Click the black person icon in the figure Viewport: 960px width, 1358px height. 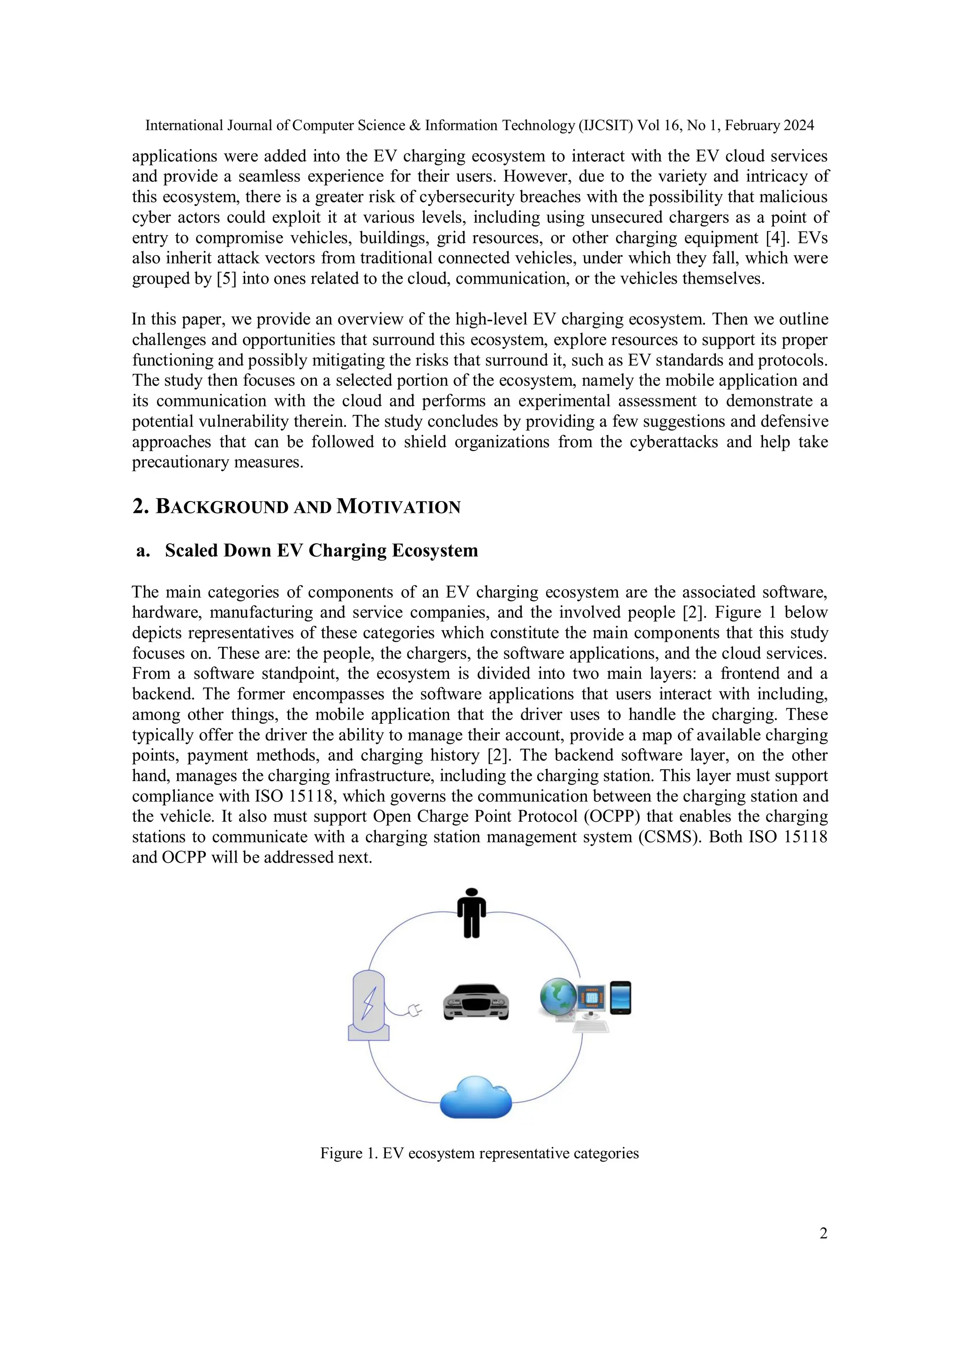tap(472, 913)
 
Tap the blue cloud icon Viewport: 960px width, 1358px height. tap(476, 1097)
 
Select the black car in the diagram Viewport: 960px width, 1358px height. tap(476, 1001)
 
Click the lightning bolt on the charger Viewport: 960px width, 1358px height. tap(369, 1003)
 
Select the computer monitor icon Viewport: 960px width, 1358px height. tap(592, 999)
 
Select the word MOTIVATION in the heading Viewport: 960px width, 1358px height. tap(398, 507)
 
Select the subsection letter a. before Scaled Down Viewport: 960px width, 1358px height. tap(142, 551)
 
